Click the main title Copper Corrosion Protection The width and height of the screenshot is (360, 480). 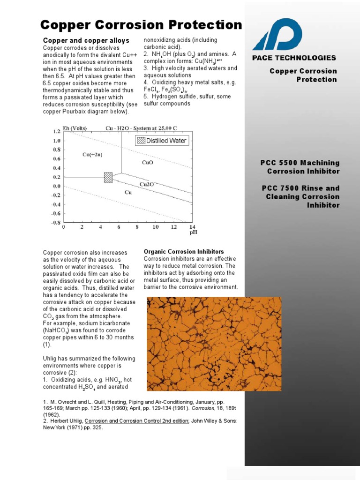click(141, 25)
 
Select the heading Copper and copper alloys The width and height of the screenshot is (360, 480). click(86, 41)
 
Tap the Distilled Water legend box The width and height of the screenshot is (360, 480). click(162, 141)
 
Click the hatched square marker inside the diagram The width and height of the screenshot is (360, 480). click(108, 178)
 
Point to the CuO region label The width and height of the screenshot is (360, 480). click(147, 162)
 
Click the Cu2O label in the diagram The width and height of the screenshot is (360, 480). click(147, 184)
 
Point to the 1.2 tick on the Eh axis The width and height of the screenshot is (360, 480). click(56, 131)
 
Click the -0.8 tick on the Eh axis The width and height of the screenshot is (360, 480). click(55, 222)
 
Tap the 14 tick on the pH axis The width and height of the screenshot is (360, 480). click(192, 227)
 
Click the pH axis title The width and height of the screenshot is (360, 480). click(193, 232)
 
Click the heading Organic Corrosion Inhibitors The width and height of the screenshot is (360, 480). click(184, 252)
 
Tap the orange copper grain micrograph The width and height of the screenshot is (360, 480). click(195, 344)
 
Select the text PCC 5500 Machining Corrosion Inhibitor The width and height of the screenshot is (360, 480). click(300, 167)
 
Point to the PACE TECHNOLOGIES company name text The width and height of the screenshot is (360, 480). click(294, 58)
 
